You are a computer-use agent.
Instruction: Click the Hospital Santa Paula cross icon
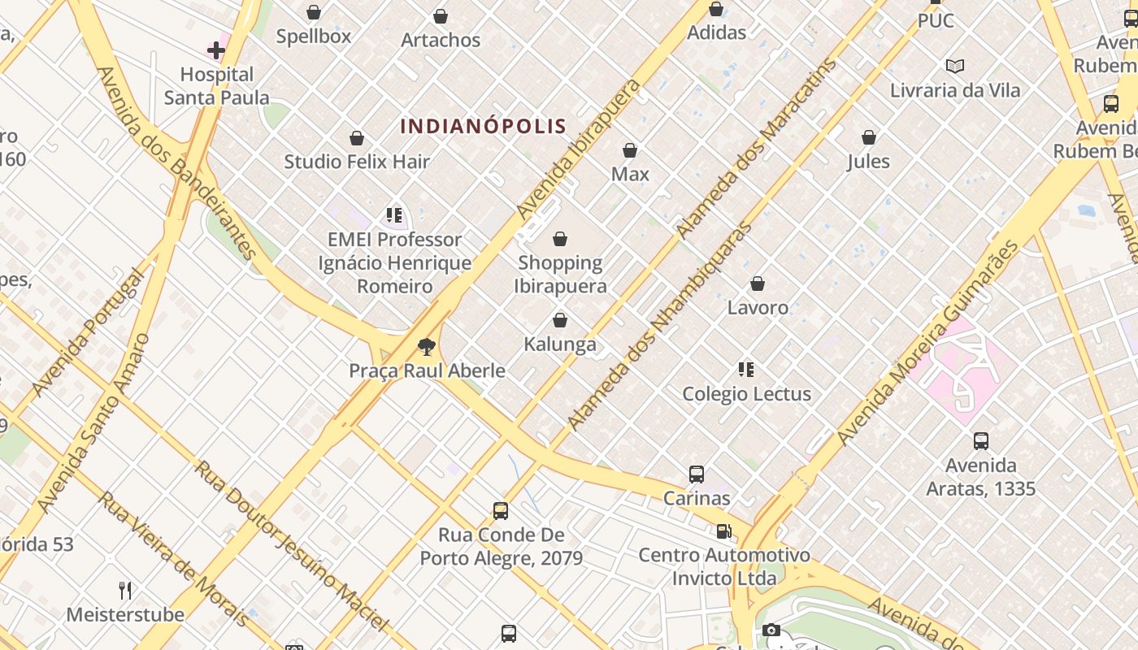point(215,50)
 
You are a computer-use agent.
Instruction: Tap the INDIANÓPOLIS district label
point(483,126)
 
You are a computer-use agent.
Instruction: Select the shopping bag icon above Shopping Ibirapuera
point(560,239)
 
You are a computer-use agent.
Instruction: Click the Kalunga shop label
point(560,344)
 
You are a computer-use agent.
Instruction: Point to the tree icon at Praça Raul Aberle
point(426,348)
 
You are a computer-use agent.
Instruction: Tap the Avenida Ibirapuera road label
point(579,149)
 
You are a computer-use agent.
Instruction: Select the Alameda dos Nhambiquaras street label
point(660,325)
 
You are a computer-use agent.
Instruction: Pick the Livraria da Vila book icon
point(955,66)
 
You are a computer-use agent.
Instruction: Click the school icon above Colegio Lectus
point(746,370)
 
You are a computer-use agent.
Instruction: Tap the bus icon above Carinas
point(697,474)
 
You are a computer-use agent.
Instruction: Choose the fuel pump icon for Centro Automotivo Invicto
point(723,531)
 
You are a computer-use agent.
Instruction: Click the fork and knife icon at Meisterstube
point(125,590)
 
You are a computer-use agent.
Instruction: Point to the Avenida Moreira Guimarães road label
point(927,343)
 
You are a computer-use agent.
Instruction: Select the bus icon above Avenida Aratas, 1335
point(981,441)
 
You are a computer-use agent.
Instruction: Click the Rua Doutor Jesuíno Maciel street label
point(292,546)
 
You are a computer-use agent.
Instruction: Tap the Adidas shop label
point(716,32)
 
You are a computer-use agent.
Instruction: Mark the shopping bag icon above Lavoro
point(758,284)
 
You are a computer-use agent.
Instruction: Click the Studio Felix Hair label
point(356,162)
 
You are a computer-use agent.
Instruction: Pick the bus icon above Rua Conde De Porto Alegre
point(501,511)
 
